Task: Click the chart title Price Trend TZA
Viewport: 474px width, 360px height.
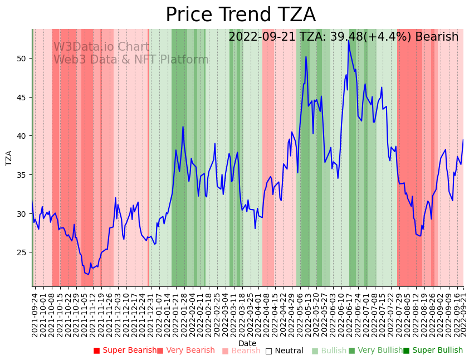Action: [x=240, y=15]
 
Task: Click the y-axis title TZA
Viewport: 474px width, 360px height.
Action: [x=9, y=158]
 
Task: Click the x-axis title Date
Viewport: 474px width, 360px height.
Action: [x=247, y=343]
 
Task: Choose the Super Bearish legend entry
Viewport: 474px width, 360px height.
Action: [x=125, y=351]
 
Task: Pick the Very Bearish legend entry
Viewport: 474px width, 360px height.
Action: [x=185, y=351]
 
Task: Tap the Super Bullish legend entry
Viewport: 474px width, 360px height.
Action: [x=433, y=351]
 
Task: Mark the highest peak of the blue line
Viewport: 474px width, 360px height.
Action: [x=348, y=40]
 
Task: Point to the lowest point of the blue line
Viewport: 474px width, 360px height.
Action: [x=88, y=274]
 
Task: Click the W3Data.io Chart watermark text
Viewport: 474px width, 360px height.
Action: [x=101, y=47]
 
